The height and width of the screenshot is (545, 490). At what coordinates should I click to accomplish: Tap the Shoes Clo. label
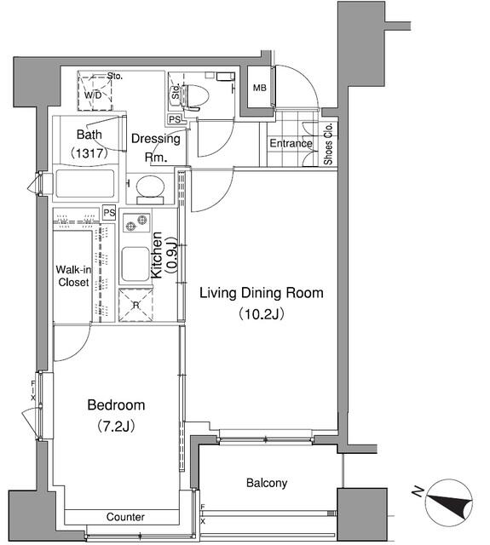point(329,144)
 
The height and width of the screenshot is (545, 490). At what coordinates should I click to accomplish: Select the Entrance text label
point(291,143)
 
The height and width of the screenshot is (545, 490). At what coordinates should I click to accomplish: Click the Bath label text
point(89,135)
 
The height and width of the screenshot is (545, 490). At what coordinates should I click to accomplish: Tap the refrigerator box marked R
point(135,305)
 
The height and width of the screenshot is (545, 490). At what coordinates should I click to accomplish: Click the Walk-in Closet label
point(73,276)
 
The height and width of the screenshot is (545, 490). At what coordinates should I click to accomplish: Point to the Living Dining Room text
point(261,294)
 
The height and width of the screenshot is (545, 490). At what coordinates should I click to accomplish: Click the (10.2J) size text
point(261,313)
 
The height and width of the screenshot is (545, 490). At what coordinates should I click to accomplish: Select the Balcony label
point(267,483)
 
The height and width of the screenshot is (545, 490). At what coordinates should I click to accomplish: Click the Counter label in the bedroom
point(125,517)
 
